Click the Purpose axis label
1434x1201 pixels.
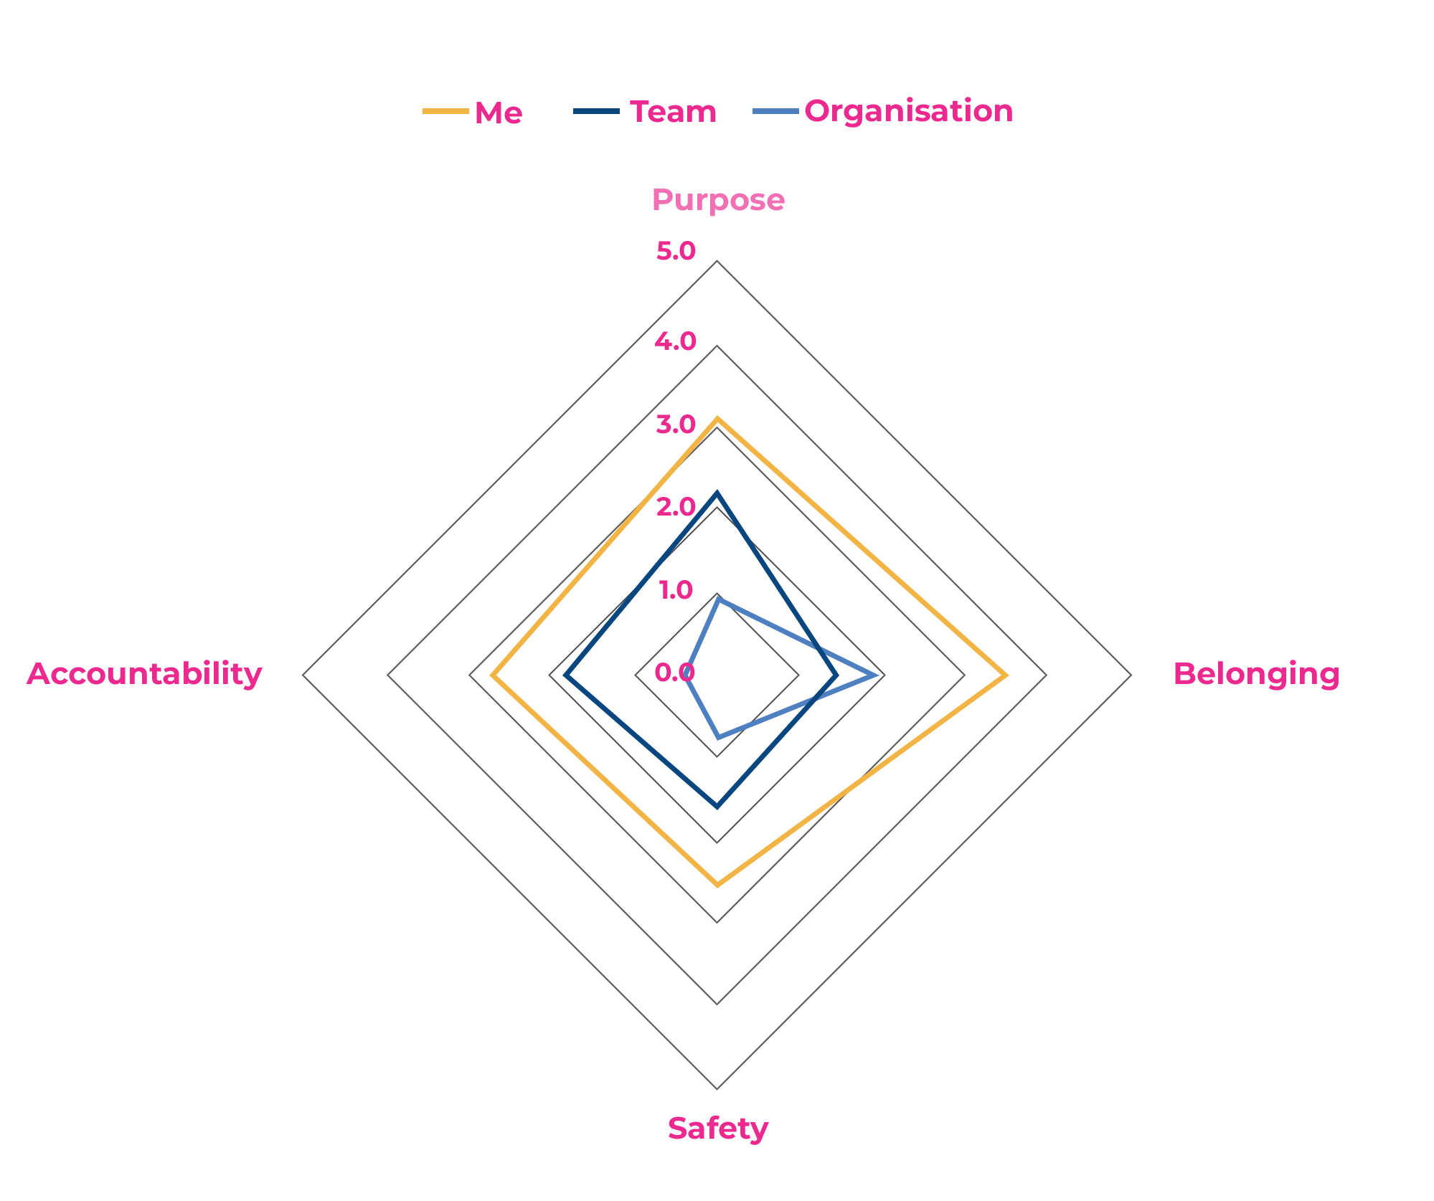click(718, 200)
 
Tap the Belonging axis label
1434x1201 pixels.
click(1256, 675)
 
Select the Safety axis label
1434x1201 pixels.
click(717, 1129)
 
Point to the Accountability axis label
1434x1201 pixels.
click(145, 675)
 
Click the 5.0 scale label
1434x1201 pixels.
click(676, 251)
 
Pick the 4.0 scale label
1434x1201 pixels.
click(676, 341)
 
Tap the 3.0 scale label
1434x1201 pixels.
click(676, 424)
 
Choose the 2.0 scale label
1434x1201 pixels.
click(676, 508)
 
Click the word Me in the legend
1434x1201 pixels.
click(499, 113)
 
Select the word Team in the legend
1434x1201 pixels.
click(673, 112)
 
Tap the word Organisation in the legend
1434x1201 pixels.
click(909, 112)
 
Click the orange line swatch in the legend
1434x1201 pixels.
click(445, 111)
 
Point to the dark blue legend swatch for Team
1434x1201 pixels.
click(596, 111)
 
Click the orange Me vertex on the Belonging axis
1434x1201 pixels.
click(1006, 675)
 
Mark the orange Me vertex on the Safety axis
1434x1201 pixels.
click(717, 885)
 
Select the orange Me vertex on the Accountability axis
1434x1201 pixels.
click(492, 675)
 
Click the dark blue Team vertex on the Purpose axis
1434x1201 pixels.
click(717, 493)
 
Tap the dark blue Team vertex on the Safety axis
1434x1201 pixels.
click(717, 807)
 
